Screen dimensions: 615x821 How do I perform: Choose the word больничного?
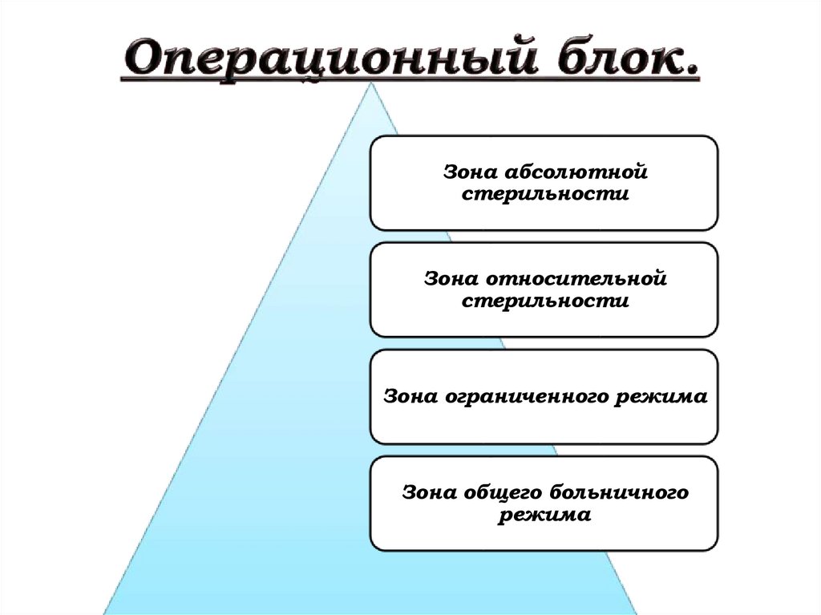click(x=616, y=492)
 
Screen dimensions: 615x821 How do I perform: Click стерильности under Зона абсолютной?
click(x=544, y=194)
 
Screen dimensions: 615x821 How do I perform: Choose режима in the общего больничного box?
click(x=544, y=515)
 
